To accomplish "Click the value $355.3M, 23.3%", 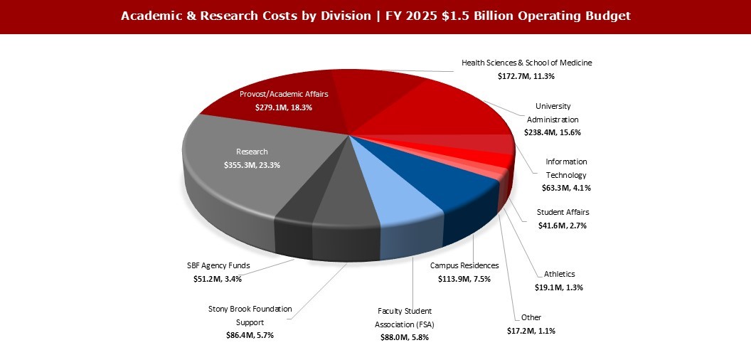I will pos(252,164).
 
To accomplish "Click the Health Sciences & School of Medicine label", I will pos(526,63).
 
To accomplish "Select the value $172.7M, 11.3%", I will pos(526,75).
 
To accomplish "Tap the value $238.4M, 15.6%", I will pos(552,132).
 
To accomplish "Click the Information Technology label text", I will pos(566,168).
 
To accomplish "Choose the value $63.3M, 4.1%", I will pos(566,188).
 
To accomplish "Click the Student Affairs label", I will pos(563,212).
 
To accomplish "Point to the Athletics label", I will pos(559,274).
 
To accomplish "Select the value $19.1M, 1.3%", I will pos(559,287).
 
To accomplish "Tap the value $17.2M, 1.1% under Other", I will pos(531,331).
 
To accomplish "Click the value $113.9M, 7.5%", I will pos(464,278).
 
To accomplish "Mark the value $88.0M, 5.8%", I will pos(404,338).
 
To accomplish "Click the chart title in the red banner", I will pos(375,16).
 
